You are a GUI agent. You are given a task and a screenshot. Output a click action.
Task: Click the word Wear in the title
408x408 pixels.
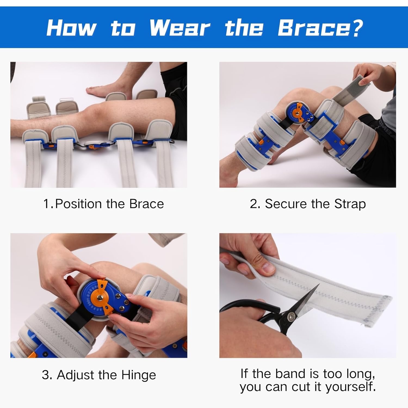(180, 28)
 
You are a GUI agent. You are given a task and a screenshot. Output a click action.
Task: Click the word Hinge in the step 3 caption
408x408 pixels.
(138, 375)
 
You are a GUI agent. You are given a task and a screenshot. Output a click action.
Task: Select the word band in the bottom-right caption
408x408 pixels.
(287, 374)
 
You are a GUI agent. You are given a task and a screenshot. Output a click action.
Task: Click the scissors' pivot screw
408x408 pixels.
(292, 316)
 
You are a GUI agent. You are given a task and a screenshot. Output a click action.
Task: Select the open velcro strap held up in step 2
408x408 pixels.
(351, 90)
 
